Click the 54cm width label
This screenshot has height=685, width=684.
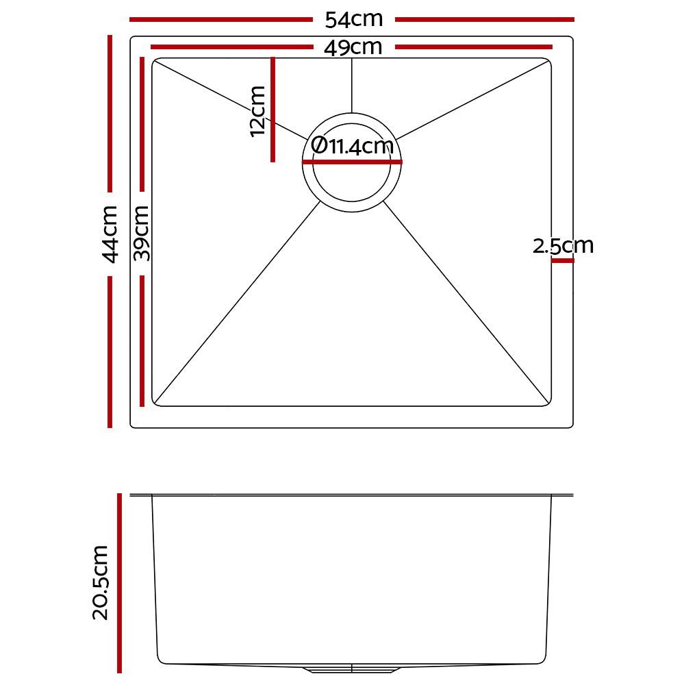(x=353, y=19)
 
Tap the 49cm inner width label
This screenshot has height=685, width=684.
(x=353, y=48)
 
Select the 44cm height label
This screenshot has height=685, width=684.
(x=110, y=234)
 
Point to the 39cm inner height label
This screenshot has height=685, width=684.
(x=142, y=234)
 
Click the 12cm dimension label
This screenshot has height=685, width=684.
(x=257, y=110)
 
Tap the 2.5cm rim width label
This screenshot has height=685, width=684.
(x=563, y=246)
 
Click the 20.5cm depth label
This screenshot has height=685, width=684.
(x=101, y=582)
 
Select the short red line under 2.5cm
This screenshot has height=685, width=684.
(x=562, y=260)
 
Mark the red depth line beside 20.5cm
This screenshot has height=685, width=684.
(x=120, y=582)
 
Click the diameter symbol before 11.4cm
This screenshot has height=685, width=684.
(x=318, y=145)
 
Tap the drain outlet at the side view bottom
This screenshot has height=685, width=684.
(x=351, y=668)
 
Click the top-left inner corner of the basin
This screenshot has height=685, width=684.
(x=156, y=62)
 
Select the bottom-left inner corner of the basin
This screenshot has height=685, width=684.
(x=156, y=402)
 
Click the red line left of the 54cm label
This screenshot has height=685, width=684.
(x=219, y=20)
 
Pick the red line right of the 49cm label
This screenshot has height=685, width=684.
(x=473, y=47)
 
